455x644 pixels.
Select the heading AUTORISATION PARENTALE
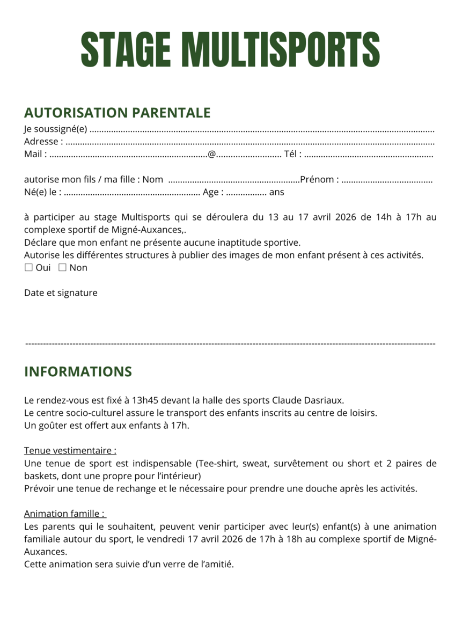tap(117, 113)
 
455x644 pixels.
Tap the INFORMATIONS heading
tap(78, 372)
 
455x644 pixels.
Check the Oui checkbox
tap(29, 268)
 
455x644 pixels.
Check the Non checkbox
tap(62, 268)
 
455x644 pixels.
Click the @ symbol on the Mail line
tap(211, 155)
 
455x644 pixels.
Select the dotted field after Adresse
tap(249, 143)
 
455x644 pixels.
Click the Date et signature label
tap(61, 293)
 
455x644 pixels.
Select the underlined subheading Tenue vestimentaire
tap(70, 451)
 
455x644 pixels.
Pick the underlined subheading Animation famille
tap(64, 514)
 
